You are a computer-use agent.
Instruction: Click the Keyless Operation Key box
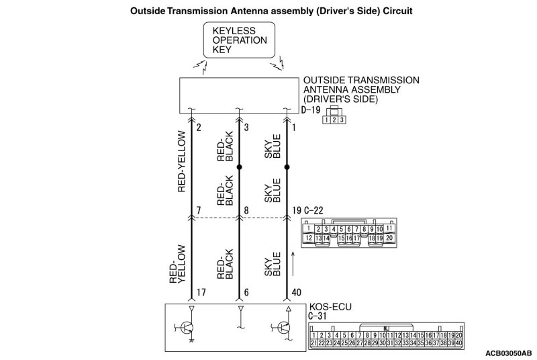239,40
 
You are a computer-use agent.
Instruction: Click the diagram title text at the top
268,12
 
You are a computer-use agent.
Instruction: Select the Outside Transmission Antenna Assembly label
360,89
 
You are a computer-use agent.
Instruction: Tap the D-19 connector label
311,109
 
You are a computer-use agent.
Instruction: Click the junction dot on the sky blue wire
287,166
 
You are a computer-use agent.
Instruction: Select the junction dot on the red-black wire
239,166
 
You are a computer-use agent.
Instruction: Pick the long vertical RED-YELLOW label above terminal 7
181,161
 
